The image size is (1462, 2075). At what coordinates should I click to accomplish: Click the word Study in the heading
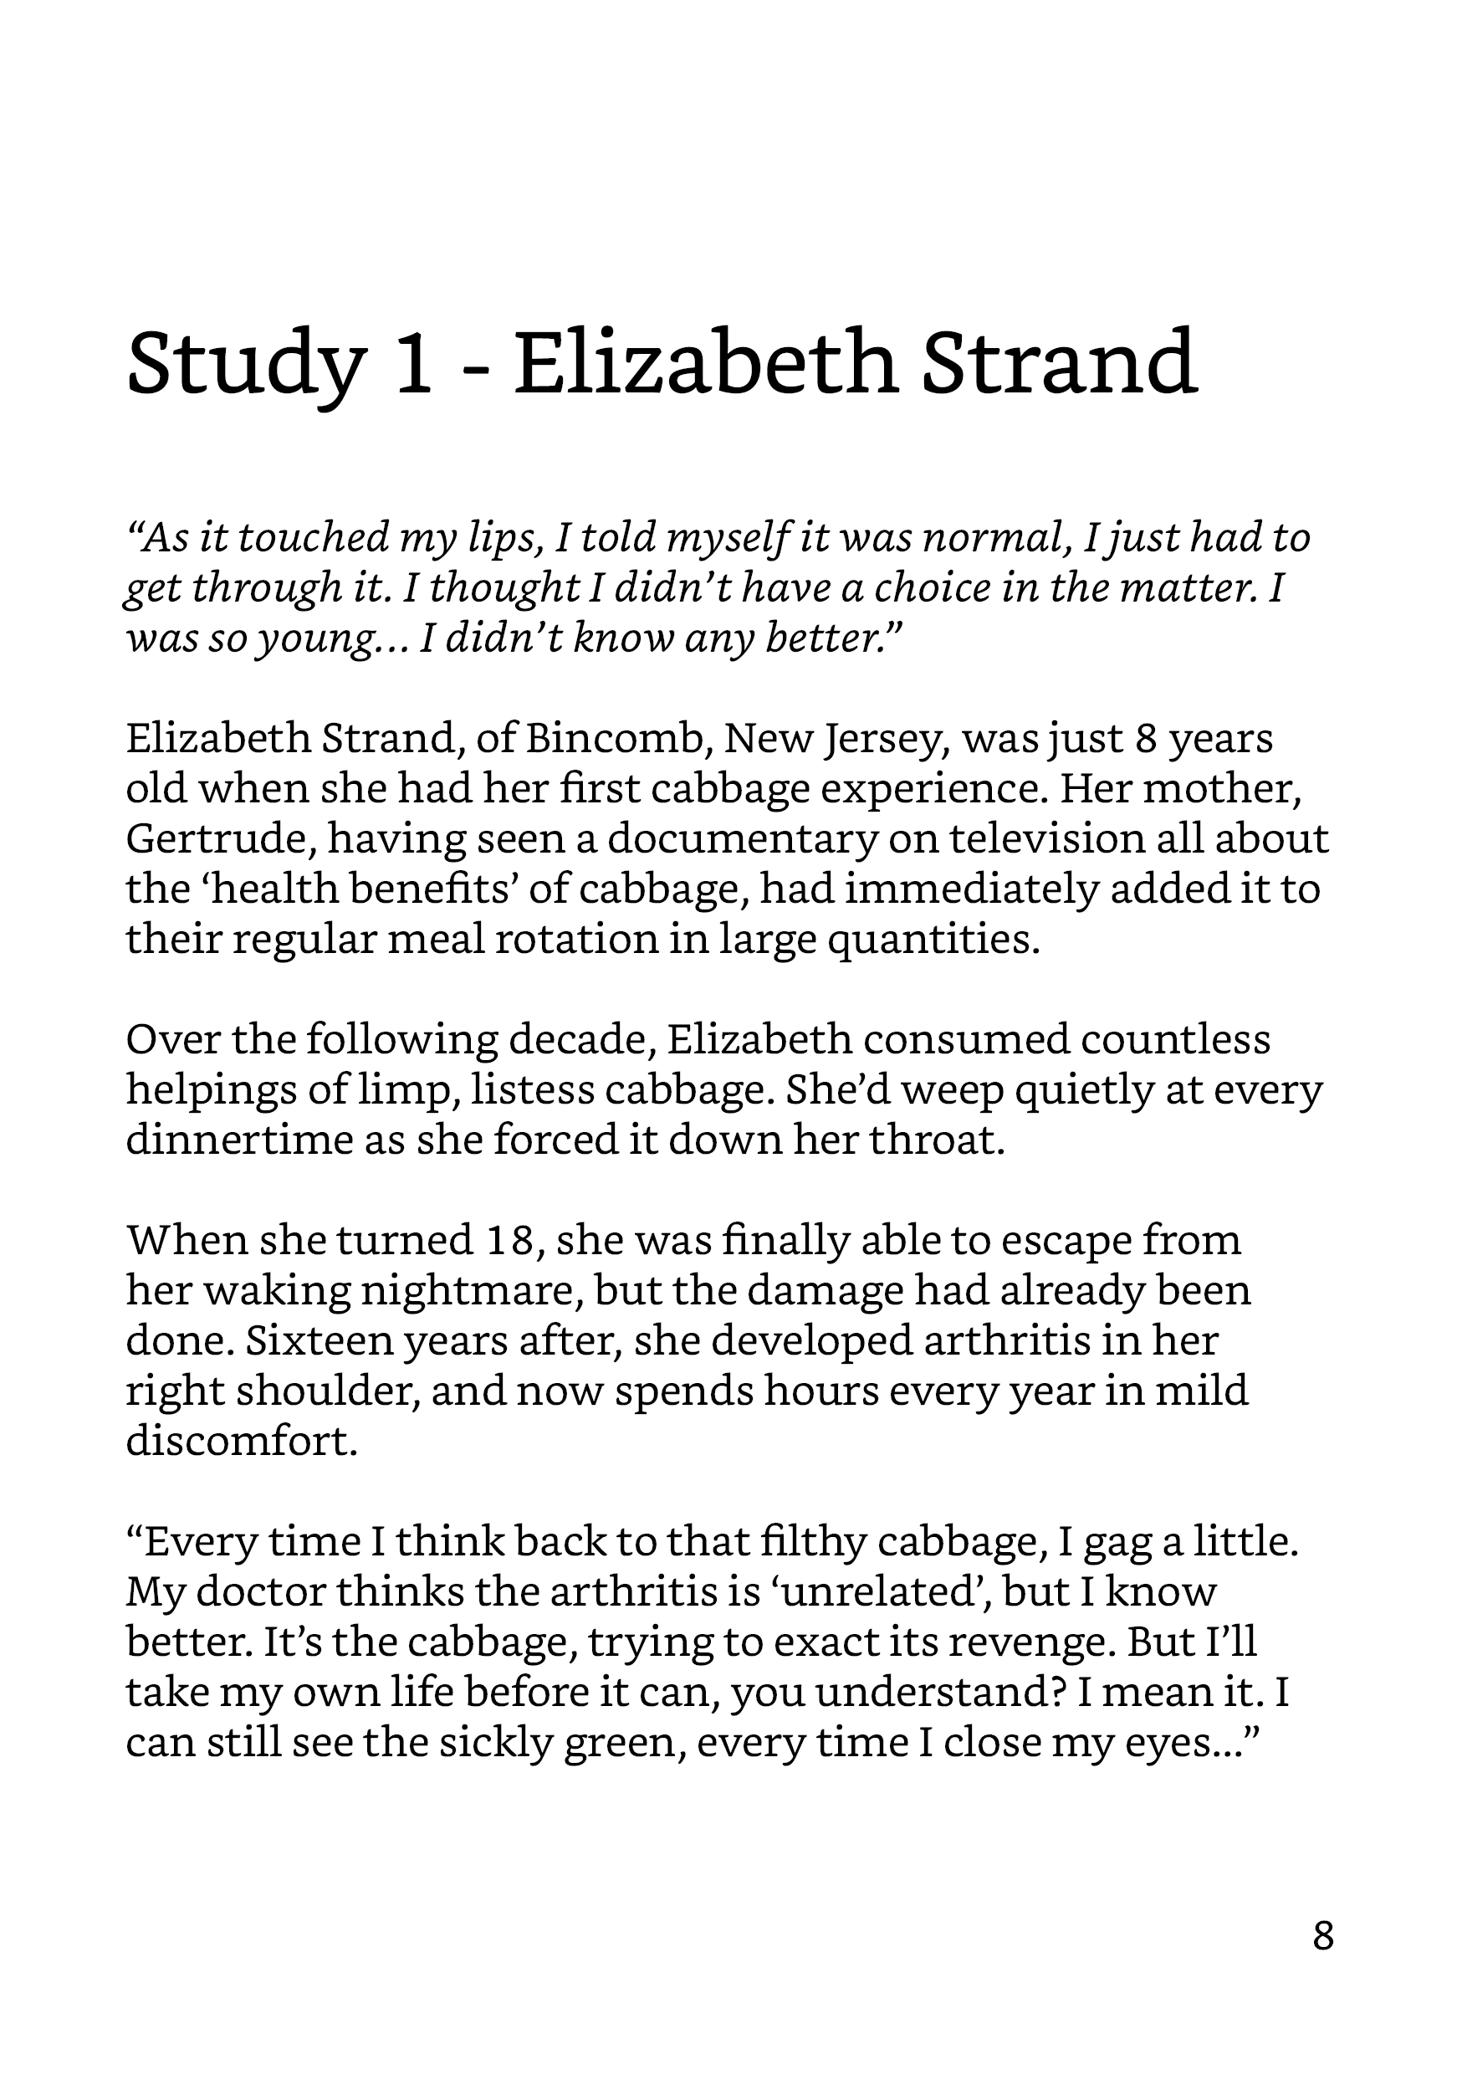[246, 363]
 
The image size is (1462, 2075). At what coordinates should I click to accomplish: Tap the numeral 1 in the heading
[414, 363]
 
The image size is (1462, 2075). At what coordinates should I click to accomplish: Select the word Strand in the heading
[1058, 363]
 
